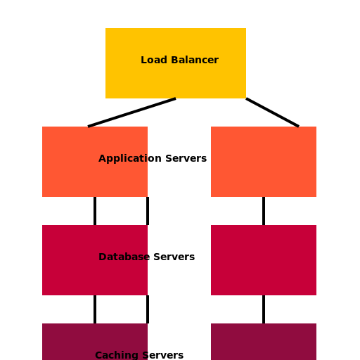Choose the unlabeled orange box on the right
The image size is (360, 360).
point(264,162)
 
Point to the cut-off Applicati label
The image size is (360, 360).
point(123,158)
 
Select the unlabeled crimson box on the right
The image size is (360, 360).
point(264,260)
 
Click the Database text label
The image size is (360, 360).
point(123,257)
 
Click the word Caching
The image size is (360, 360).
point(117,355)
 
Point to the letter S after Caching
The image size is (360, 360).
point(145,355)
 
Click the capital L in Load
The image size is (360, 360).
point(143,60)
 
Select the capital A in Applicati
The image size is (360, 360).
point(102,158)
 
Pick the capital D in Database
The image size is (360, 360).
point(103,257)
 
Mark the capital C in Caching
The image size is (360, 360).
point(98,355)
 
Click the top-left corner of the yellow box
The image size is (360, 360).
point(106,29)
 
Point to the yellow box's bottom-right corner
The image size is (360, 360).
point(245,98)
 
